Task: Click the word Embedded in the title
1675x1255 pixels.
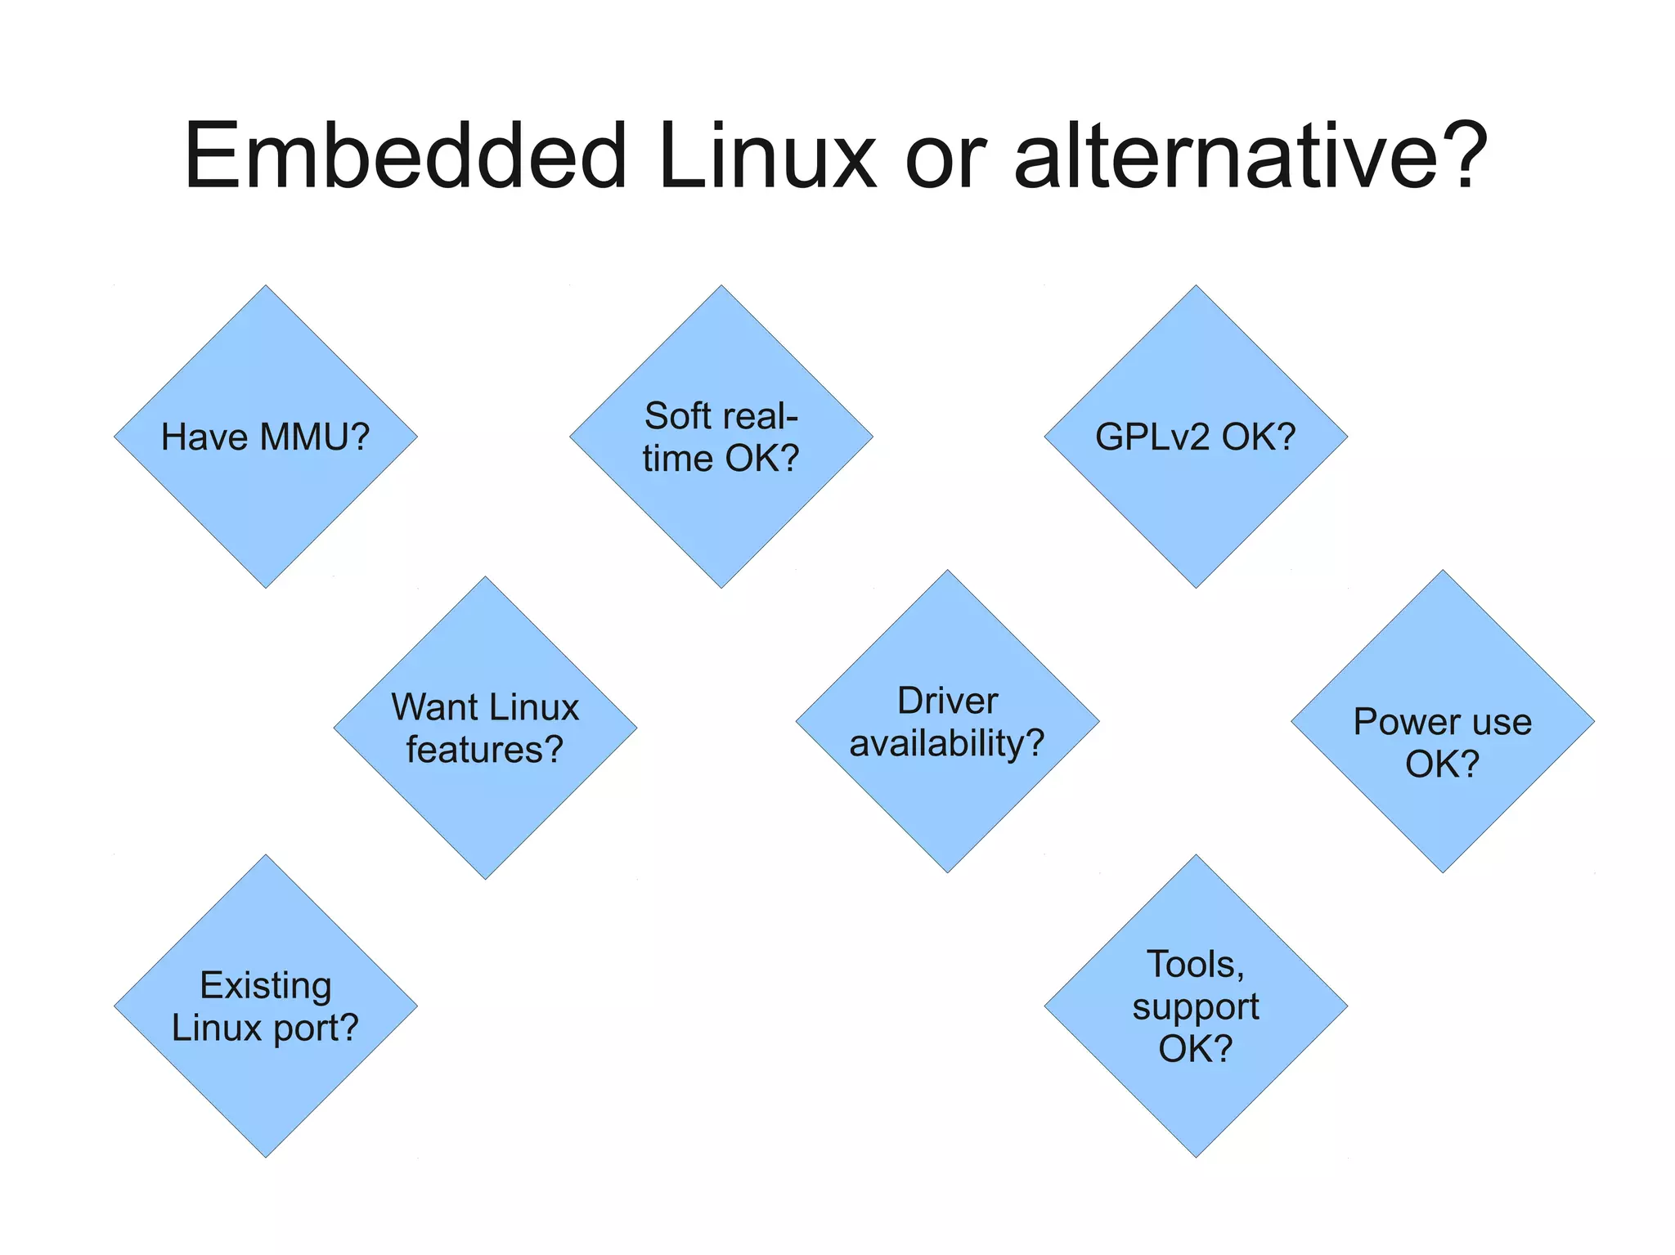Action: click(x=405, y=155)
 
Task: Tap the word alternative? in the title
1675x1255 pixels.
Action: click(x=1250, y=155)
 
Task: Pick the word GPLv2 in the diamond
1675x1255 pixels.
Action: click(x=1152, y=437)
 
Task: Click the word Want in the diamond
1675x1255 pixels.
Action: click(x=424, y=707)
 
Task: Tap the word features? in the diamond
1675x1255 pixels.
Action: click(x=485, y=750)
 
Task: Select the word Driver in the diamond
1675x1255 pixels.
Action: click(x=947, y=701)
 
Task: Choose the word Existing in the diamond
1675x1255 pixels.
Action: click(x=265, y=985)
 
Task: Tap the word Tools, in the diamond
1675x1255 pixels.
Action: click(x=1195, y=965)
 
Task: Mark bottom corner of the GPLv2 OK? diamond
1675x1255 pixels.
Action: click(x=1196, y=585)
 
